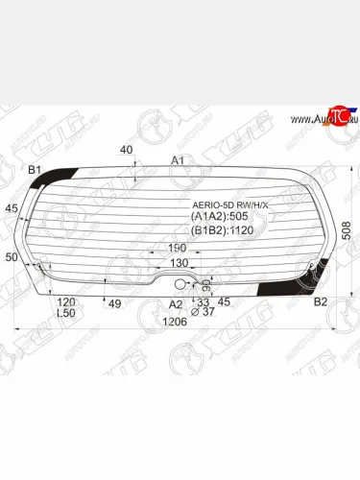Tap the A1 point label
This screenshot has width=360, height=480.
pyautogui.click(x=178, y=159)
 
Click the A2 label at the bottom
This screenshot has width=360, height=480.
pyautogui.click(x=175, y=303)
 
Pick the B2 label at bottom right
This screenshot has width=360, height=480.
pyautogui.click(x=322, y=301)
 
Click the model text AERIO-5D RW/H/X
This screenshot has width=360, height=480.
pyautogui.click(x=235, y=204)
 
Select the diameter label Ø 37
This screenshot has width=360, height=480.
pyautogui.click(x=202, y=312)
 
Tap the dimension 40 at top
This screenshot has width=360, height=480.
pyautogui.click(x=127, y=150)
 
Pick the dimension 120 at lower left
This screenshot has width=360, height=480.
pyautogui.click(x=66, y=301)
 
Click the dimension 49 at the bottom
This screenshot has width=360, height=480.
pyautogui.click(x=113, y=304)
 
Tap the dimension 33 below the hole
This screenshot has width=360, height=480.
pyautogui.click(x=202, y=301)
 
